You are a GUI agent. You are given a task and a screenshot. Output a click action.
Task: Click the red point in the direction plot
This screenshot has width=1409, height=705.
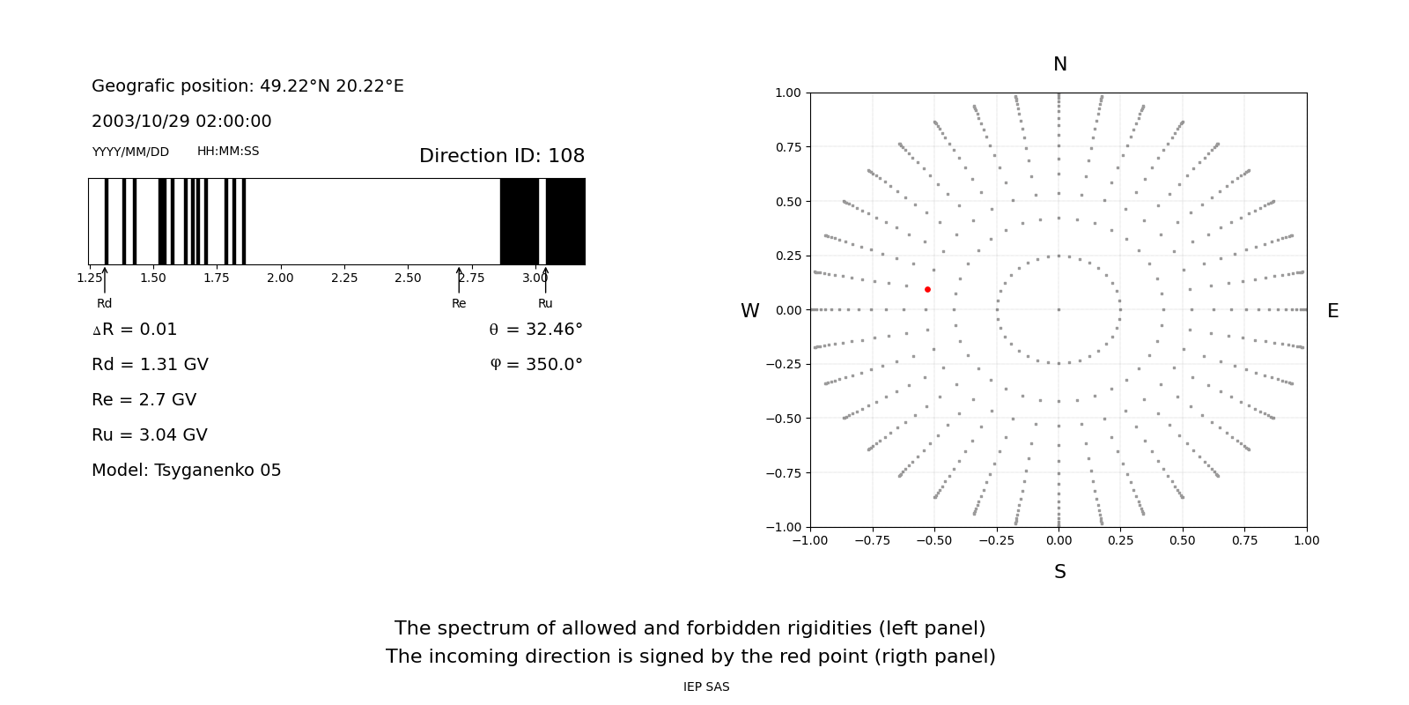[x=927, y=289]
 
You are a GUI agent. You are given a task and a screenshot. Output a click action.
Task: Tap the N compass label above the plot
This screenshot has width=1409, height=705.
[x=1059, y=64]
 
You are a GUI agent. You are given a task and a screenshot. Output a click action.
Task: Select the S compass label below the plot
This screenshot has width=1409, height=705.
[x=1059, y=572]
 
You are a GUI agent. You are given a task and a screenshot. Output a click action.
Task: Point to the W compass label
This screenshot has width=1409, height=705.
[x=749, y=311]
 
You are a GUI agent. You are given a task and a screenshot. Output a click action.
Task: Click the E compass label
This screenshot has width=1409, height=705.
[x=1332, y=311]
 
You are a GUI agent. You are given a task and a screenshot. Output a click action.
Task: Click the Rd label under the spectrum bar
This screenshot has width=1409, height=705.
[x=104, y=303]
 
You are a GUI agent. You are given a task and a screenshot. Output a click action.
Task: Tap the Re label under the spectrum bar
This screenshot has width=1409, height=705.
[x=459, y=303]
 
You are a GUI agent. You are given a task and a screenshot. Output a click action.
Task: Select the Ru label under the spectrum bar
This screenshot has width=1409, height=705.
[x=545, y=303]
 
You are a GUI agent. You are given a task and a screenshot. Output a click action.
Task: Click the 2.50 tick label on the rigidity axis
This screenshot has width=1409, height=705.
[x=408, y=278]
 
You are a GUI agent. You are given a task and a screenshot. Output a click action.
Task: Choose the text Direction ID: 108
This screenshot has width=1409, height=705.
[x=502, y=156]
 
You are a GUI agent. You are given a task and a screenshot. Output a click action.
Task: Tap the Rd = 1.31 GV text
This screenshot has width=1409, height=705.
[x=150, y=365]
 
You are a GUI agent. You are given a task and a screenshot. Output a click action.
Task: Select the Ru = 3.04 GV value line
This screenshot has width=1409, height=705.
[x=150, y=435]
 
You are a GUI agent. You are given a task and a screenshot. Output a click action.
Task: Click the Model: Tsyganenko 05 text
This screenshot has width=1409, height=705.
[x=187, y=471]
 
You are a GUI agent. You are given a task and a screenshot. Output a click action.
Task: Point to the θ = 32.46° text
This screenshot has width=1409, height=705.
[x=535, y=330]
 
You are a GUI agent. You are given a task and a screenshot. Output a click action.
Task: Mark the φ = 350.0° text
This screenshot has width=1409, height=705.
[x=536, y=365]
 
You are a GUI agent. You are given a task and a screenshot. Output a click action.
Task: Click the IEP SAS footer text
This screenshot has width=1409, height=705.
[x=706, y=686]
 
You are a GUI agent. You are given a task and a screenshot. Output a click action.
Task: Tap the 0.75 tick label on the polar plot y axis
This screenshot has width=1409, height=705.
[x=788, y=147]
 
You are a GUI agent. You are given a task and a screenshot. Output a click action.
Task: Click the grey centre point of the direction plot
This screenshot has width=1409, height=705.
[x=1059, y=309]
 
